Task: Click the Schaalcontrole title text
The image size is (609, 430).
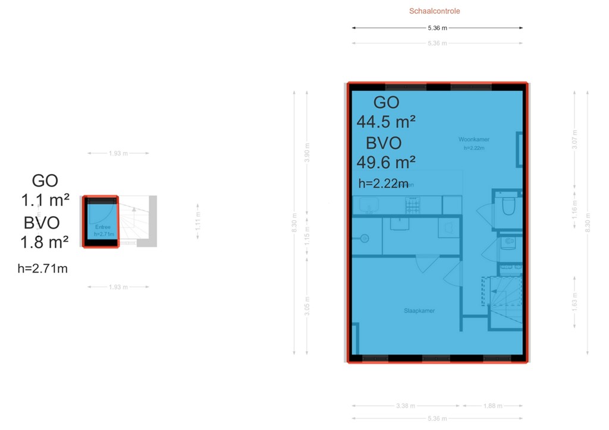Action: coord(434,11)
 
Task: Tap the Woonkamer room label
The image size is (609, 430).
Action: coord(473,140)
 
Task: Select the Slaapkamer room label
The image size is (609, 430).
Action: coord(419,311)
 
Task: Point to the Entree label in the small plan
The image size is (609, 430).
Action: coord(103,227)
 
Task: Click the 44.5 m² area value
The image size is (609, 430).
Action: coord(385,122)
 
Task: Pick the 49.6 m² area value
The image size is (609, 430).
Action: coord(385,162)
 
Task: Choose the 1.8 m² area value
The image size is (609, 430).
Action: coord(45,242)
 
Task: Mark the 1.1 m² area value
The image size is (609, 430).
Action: coord(45,199)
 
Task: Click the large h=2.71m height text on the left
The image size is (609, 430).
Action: coord(42,268)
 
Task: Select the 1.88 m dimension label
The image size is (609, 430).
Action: coord(492,406)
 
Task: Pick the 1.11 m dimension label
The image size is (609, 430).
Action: coord(198,219)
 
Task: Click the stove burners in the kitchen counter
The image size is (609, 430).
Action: coord(412,205)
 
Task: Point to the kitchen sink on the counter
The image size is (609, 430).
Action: coord(368,205)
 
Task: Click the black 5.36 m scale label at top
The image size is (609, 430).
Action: coord(437,27)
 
